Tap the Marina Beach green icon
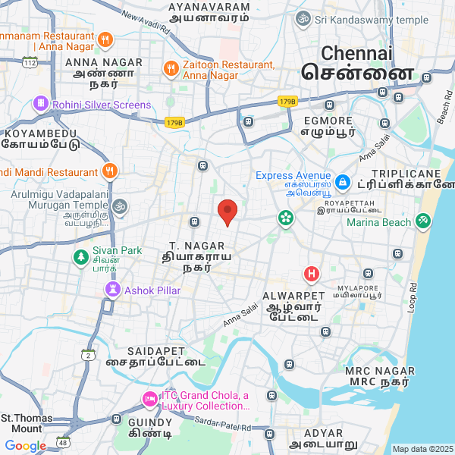pos(422,222)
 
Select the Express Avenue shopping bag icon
pos(342,182)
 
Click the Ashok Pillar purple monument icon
pos(113,289)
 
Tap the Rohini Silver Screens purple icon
pos(40,104)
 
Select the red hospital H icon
pos(311,274)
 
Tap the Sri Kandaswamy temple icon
pos(303,19)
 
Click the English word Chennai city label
pos(357,53)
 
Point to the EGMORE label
pos(328,121)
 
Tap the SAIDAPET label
pos(156,351)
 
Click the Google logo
pos(25,446)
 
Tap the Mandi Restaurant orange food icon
pos(111,171)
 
